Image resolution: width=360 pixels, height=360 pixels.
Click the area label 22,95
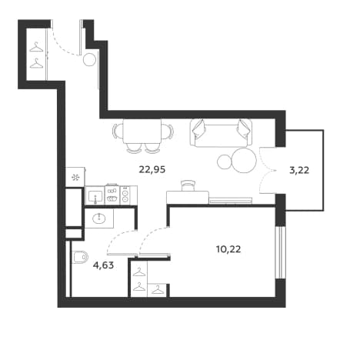152,169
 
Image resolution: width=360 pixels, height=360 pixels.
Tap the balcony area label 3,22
299,170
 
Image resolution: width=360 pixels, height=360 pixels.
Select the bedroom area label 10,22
228,249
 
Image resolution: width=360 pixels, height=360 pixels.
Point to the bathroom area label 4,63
103,265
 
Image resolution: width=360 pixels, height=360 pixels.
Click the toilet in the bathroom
80,257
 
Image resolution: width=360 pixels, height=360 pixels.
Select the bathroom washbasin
99,218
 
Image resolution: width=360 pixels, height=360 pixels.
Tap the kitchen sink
95,197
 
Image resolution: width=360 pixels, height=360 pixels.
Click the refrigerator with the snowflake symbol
75,177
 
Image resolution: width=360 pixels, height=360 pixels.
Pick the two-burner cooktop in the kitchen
125,195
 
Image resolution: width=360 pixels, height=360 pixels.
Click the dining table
142,132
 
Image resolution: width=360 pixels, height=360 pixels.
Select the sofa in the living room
221,133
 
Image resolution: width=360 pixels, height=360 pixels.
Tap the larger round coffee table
244,160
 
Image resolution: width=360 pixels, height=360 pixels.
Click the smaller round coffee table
225,162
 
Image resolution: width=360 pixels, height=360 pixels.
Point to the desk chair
188,185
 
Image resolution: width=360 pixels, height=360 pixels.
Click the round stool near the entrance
90,60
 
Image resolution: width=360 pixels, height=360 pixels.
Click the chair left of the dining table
118,132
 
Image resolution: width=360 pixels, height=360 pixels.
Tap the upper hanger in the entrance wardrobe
35,48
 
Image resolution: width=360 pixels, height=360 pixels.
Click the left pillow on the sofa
200,127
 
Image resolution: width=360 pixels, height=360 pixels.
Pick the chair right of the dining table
168,132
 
